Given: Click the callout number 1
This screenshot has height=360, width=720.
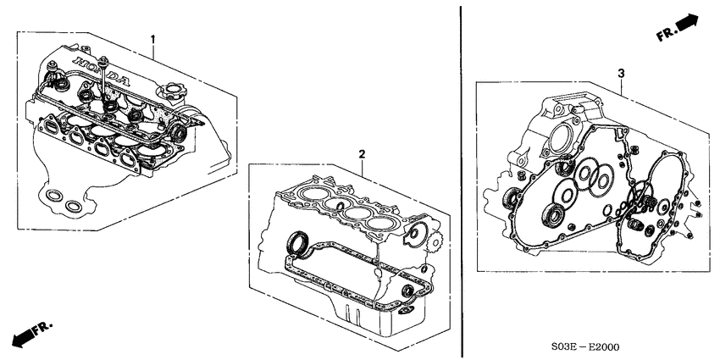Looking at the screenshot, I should pos(153,39).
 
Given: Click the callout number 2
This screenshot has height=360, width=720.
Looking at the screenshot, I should pos(362,154).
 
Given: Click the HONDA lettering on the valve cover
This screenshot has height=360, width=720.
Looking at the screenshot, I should pos(101,73).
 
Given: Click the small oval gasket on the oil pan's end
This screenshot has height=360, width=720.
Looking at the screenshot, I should pos(408,293).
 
